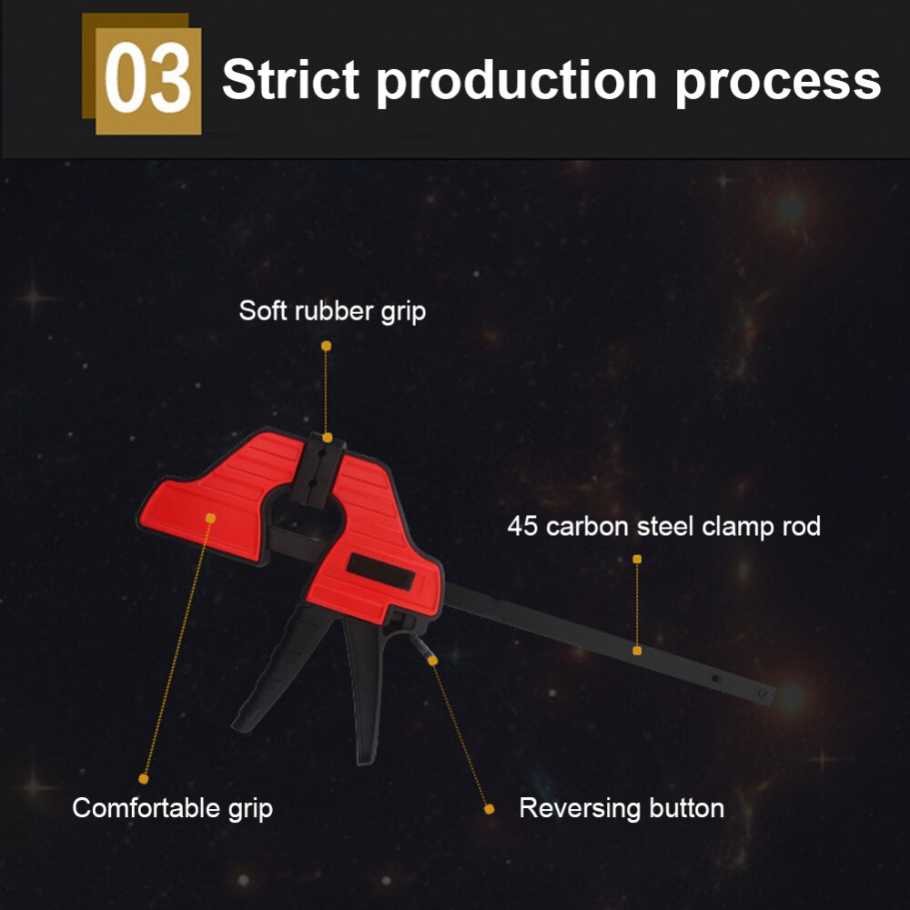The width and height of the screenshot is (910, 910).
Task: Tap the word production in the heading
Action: tap(516, 80)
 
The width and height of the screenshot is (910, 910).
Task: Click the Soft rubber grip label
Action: tap(332, 311)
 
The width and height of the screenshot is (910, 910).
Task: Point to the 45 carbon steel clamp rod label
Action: tap(663, 526)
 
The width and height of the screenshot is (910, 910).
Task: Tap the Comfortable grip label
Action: tap(172, 807)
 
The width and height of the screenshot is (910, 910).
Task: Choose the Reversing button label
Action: tap(622, 807)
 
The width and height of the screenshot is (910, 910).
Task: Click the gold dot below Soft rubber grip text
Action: tap(327, 346)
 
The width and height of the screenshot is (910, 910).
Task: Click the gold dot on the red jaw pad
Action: tap(210, 518)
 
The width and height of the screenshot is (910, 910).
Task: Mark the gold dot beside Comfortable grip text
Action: tap(143, 779)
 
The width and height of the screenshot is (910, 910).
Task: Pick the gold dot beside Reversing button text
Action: tap(489, 808)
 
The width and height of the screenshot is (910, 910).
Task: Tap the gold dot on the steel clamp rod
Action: tap(637, 650)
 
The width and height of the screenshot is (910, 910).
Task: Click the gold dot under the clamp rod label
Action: tap(637, 559)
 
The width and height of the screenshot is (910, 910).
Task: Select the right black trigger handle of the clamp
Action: tap(368, 692)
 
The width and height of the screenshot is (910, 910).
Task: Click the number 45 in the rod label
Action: tap(522, 526)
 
